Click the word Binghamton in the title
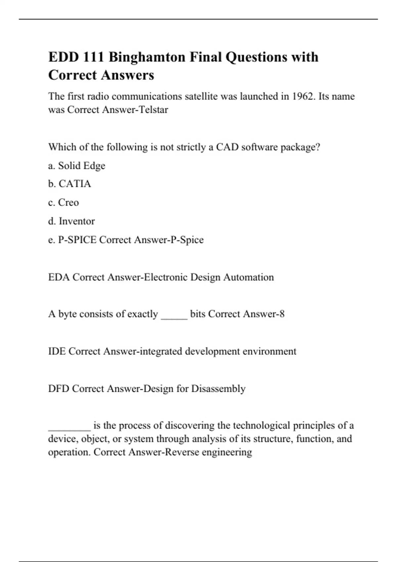(x=147, y=57)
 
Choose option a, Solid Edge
(x=76, y=166)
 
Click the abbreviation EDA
(x=59, y=277)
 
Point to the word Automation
(x=248, y=277)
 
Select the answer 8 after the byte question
(x=282, y=314)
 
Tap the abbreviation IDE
(x=57, y=351)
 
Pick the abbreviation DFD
(x=59, y=388)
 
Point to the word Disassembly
(x=218, y=388)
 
